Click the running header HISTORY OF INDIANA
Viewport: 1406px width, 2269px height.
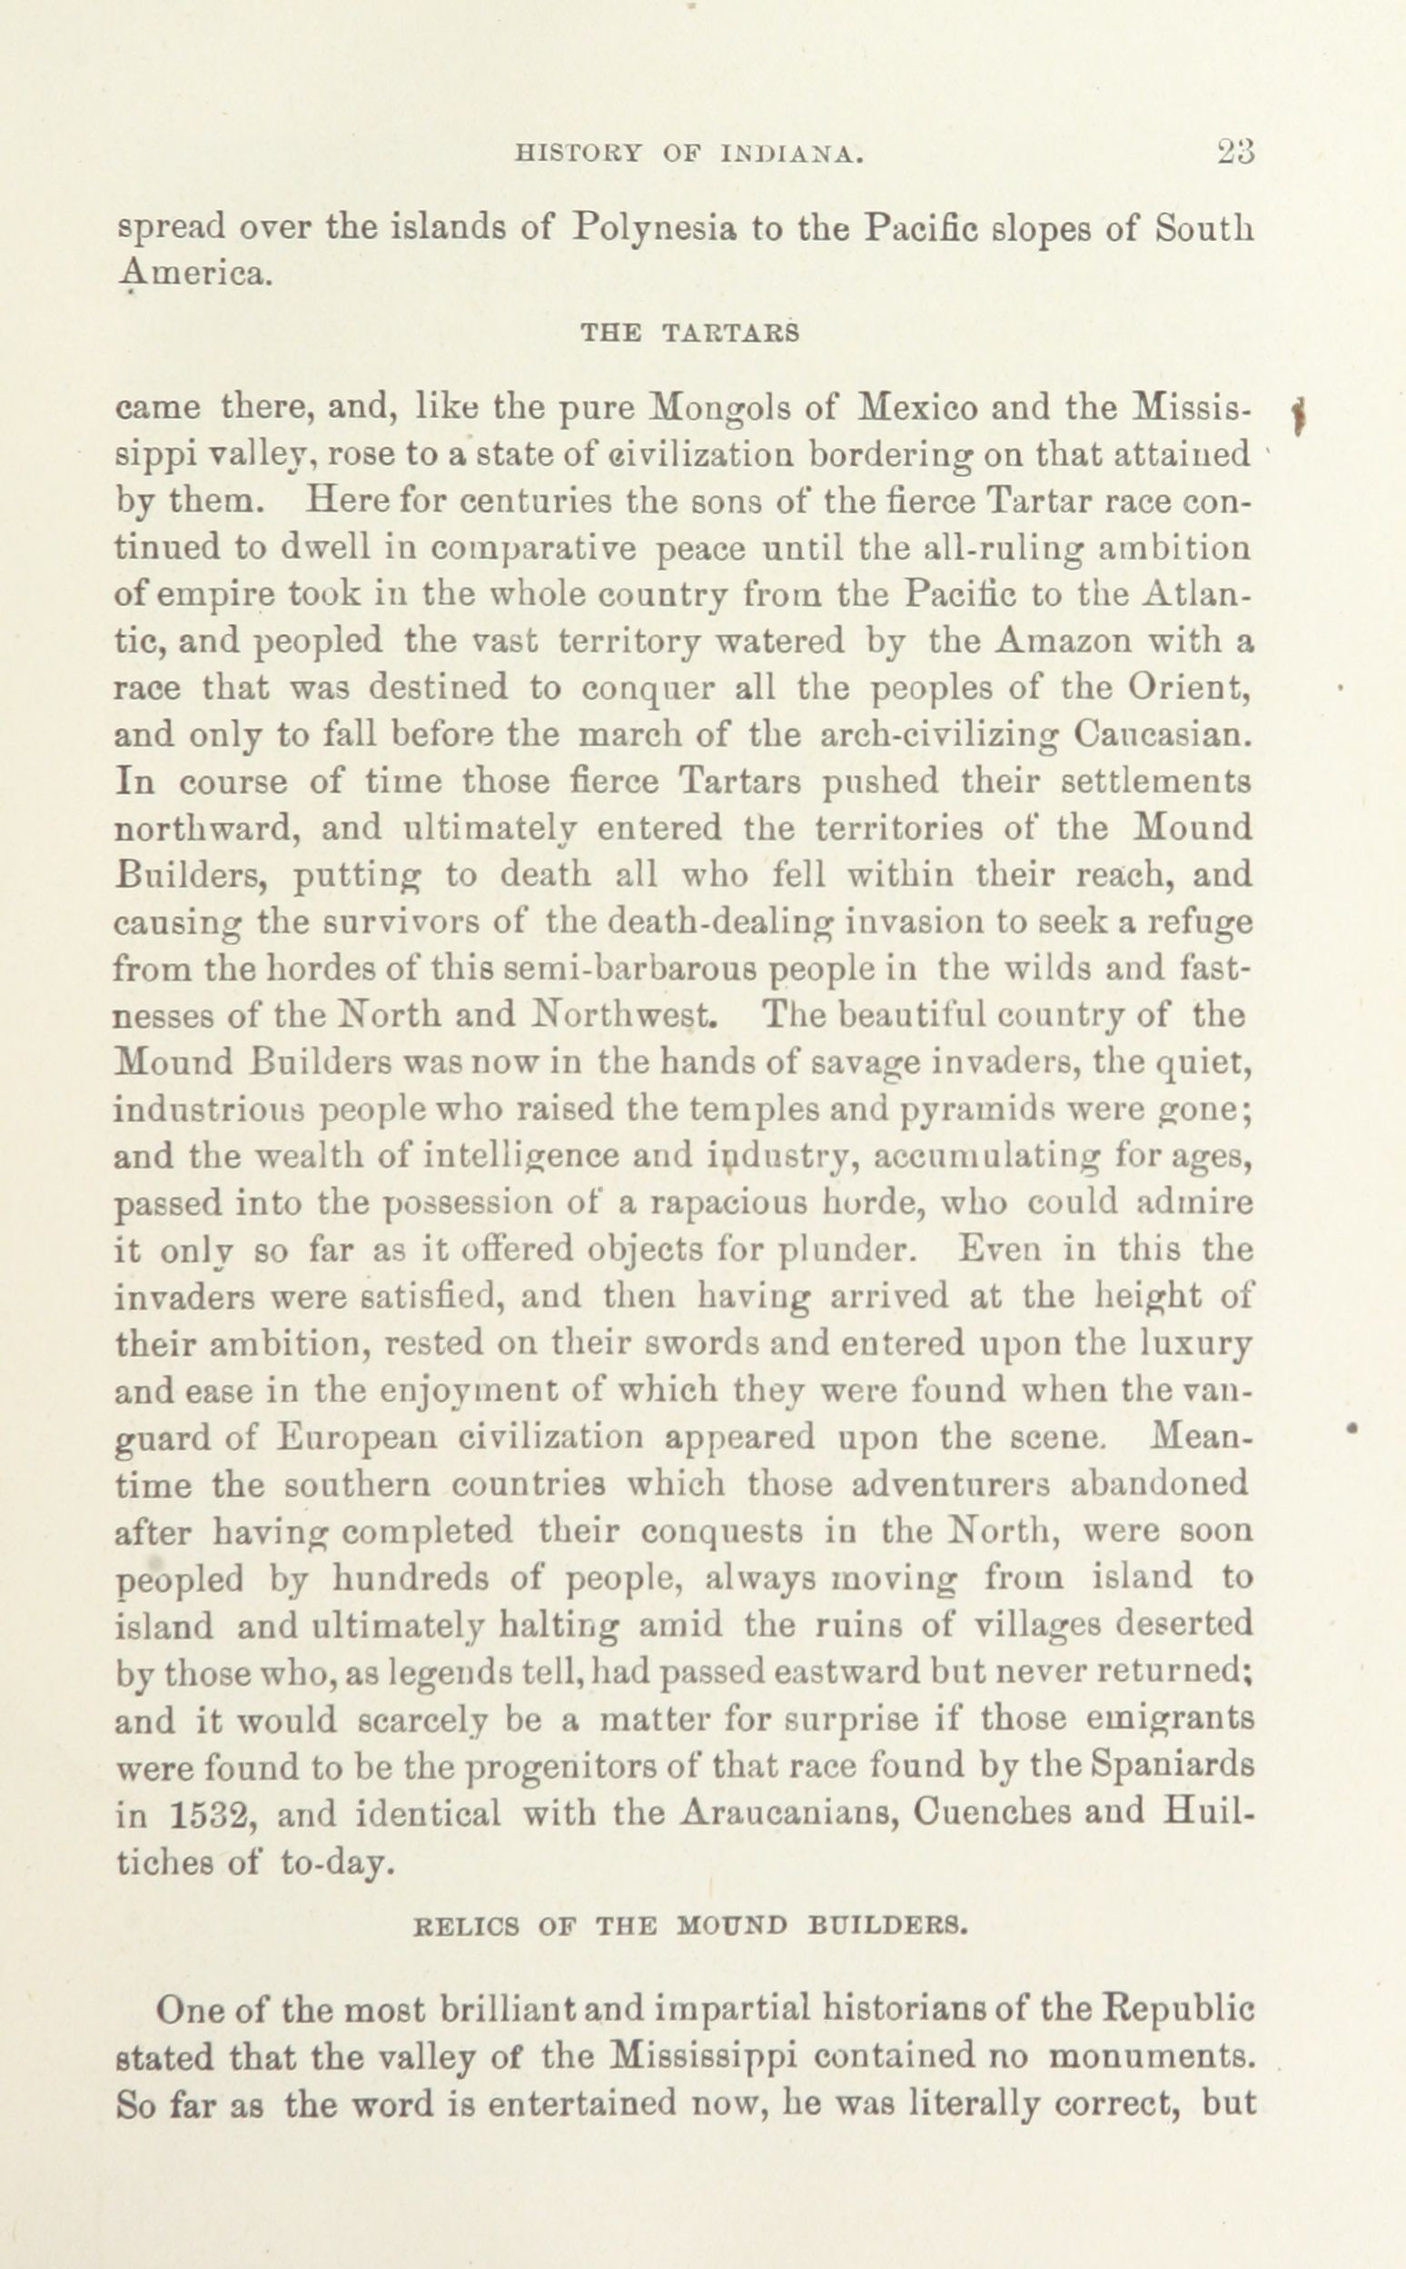coord(689,154)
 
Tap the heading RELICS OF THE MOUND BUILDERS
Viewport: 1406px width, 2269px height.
coord(690,1925)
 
